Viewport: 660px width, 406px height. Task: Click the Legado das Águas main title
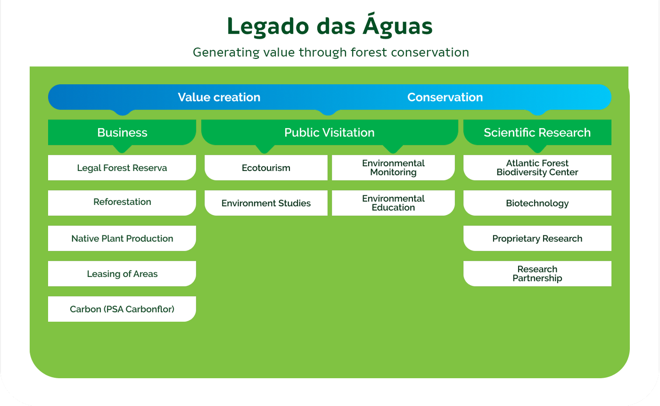point(330,25)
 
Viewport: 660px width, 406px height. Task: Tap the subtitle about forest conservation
point(330,52)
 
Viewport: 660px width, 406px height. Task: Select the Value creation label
point(219,97)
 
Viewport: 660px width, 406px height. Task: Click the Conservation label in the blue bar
point(445,97)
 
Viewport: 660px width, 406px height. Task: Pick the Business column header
point(122,132)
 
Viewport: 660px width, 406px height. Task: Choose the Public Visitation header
point(330,132)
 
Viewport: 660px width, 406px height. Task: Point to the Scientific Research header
point(537,132)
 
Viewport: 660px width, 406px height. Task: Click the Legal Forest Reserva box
point(122,168)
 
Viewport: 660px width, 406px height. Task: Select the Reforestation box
point(122,203)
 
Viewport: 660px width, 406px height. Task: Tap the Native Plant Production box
point(122,238)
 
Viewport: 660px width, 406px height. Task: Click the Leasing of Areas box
point(122,274)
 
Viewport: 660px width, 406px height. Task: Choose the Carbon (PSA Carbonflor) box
point(122,309)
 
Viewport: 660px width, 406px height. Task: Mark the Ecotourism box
point(266,168)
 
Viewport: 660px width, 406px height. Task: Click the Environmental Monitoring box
point(393,168)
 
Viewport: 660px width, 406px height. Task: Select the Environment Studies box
point(266,203)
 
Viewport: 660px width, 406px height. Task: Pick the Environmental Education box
point(393,203)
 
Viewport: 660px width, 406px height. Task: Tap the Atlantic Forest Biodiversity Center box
point(537,168)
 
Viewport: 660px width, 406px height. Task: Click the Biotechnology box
point(537,203)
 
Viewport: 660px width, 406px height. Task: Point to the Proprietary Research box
point(537,238)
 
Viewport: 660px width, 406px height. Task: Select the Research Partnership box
point(537,274)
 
